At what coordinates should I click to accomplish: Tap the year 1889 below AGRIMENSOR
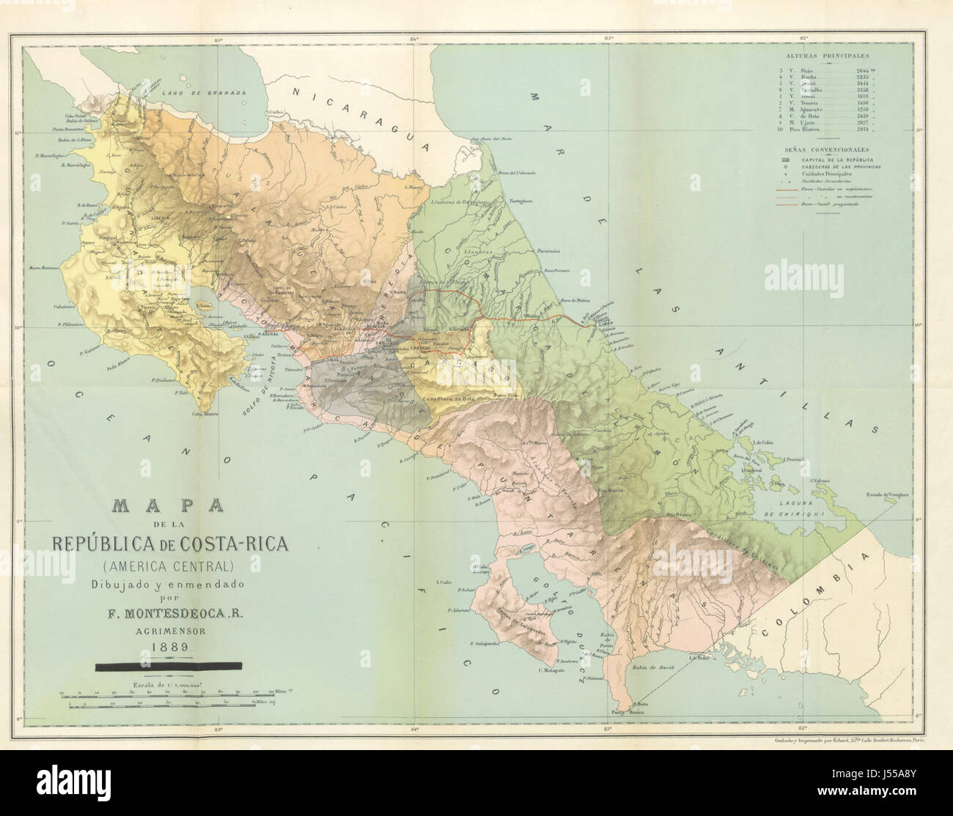169,646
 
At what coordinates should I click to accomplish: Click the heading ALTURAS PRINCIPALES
834,56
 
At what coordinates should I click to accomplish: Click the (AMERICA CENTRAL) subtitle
169,565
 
